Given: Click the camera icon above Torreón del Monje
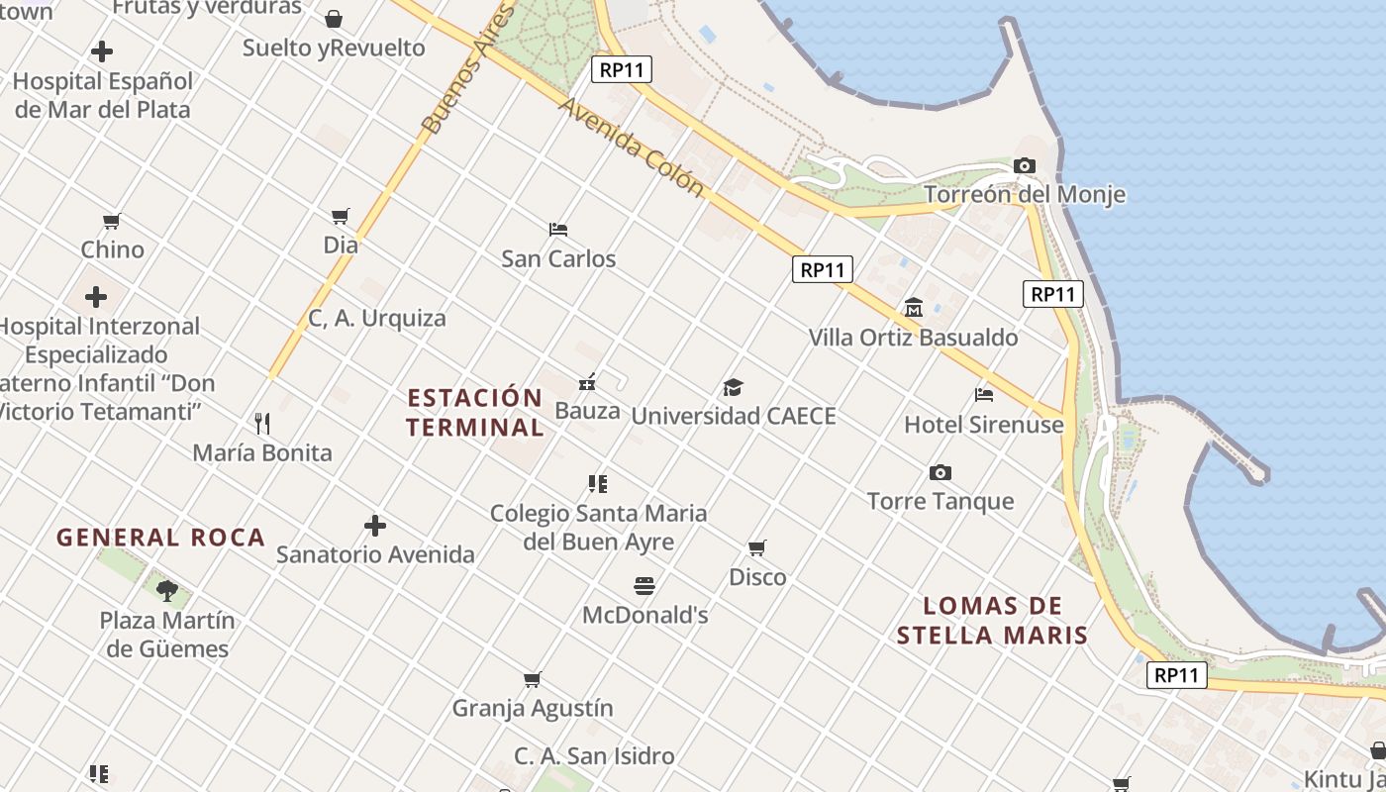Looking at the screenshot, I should click(1025, 165).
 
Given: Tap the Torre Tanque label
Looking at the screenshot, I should click(940, 501).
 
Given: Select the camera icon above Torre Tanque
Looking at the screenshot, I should click(940, 472).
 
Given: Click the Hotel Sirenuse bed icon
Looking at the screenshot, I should click(983, 395).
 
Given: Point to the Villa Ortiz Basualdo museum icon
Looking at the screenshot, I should click(913, 308).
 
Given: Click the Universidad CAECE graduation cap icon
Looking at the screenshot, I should click(733, 387).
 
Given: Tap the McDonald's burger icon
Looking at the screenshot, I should click(644, 586).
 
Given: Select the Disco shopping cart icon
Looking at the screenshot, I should click(757, 547).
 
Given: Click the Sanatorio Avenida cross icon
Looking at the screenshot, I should click(375, 525).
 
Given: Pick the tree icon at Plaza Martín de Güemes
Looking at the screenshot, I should click(167, 591).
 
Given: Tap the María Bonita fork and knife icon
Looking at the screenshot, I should click(262, 424).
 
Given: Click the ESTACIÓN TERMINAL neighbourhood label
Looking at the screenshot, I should click(475, 413).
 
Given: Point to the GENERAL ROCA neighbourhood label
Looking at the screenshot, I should click(160, 538).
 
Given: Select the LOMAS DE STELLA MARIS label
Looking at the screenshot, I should click(992, 621).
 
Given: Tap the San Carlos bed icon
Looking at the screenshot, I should click(558, 230).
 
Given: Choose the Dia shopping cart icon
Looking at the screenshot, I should click(341, 215).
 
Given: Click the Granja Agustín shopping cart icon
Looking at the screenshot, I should click(533, 679).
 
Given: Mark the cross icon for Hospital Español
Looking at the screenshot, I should click(101, 51).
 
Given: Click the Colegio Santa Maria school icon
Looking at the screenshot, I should click(598, 483).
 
